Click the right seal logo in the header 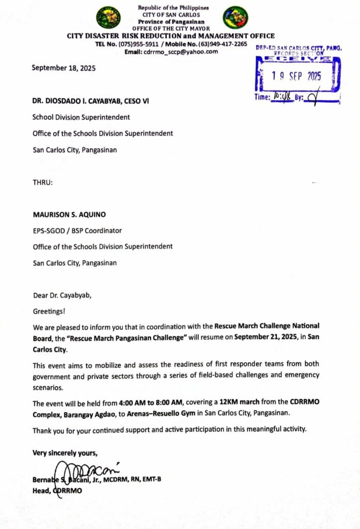[x=236, y=17]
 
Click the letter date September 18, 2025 [x=64, y=68]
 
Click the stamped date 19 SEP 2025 [x=296, y=76]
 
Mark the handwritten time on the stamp [x=279, y=97]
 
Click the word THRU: [x=42, y=182]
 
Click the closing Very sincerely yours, [x=65, y=453]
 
